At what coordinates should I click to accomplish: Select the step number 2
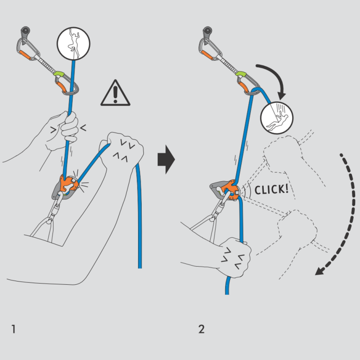click(x=201, y=328)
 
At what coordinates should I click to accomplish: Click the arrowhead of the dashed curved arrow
click(x=320, y=270)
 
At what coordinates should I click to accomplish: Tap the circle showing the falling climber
click(x=276, y=118)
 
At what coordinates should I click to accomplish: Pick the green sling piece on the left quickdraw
click(x=58, y=72)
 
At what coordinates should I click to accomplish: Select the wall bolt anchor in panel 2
click(x=208, y=32)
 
